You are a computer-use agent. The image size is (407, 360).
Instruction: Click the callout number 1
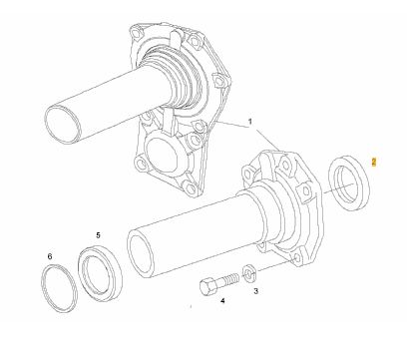tap(250, 122)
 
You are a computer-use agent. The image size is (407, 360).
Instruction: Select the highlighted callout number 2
tap(374, 162)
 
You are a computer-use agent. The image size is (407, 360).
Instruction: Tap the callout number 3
tap(255, 291)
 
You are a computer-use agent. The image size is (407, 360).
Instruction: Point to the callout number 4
tap(222, 301)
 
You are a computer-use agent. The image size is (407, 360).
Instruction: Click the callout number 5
tap(98, 235)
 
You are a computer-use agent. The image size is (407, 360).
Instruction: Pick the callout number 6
tap(50, 256)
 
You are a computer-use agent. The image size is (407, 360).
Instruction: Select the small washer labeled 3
tap(249, 273)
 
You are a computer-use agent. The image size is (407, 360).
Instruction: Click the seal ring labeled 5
tap(81, 266)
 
